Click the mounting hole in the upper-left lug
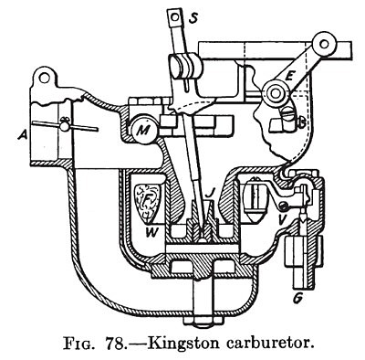pyautogui.click(x=42, y=77)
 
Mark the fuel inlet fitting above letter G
pyautogui.click(x=297, y=260)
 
